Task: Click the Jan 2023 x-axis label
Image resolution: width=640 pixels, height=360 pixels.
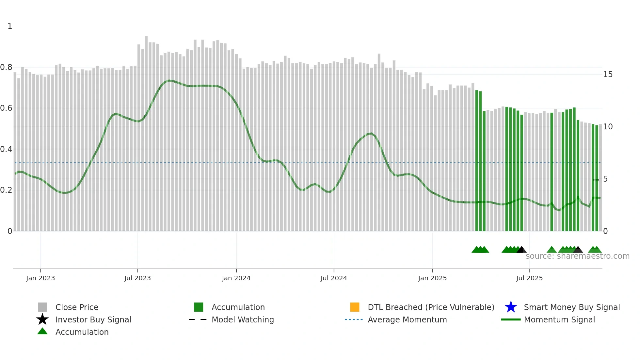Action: point(40,278)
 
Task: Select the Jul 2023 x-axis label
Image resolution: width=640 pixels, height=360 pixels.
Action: point(137,278)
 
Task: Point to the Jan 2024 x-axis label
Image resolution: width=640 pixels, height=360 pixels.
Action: point(236,278)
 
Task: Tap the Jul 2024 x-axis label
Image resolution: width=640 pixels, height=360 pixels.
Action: point(334,278)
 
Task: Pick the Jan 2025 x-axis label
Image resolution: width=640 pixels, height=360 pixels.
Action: point(432,278)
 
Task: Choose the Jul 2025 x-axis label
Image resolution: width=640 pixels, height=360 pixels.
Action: point(529,278)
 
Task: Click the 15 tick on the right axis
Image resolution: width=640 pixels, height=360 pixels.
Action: point(608,74)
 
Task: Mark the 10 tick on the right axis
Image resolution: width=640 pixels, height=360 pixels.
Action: point(608,127)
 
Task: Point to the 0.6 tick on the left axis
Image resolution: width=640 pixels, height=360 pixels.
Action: point(6,108)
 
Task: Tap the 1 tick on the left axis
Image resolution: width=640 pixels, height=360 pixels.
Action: point(10,26)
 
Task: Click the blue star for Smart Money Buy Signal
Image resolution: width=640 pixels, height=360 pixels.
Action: point(511,307)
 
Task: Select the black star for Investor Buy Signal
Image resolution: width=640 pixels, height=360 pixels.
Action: point(42,319)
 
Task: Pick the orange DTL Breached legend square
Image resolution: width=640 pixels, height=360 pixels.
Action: point(355,307)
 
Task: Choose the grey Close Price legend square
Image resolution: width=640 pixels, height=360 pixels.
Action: point(42,307)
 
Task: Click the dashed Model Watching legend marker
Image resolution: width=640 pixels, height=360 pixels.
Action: point(198,319)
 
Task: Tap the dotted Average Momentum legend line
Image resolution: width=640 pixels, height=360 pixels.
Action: point(354,319)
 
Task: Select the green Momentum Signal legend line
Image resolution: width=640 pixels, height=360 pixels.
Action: point(511,319)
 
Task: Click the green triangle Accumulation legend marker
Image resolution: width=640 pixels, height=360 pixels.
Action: point(42,331)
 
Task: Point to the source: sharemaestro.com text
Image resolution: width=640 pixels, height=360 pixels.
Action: point(578,256)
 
